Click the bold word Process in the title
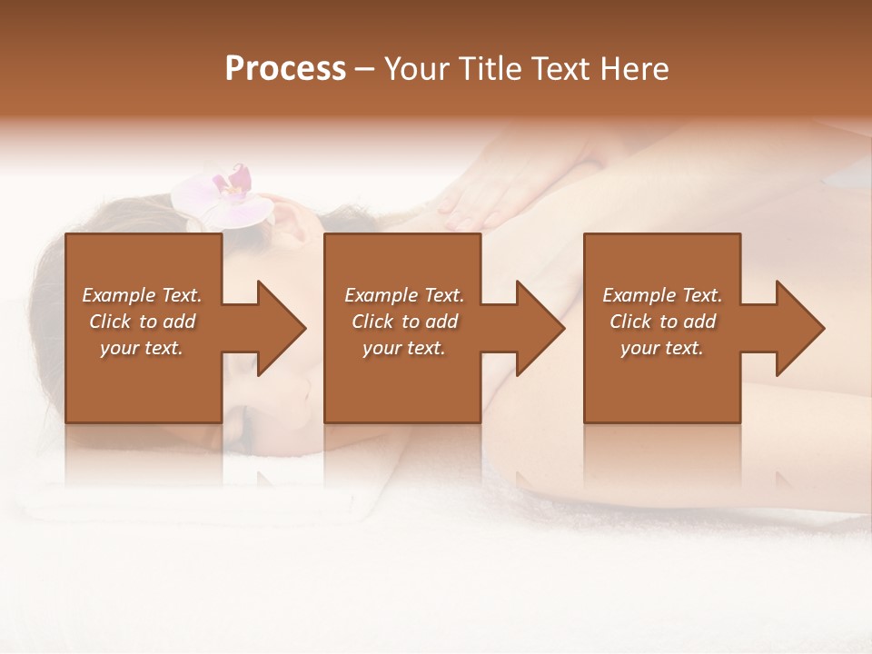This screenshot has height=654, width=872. [285, 69]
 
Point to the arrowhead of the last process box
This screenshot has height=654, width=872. [798, 328]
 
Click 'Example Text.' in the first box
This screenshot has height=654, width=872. [142, 295]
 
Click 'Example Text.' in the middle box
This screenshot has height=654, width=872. [403, 295]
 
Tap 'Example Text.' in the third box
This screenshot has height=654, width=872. [661, 295]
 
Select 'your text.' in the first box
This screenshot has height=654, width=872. [142, 348]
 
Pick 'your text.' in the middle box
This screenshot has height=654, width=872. [403, 348]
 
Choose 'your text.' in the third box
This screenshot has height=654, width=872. [661, 348]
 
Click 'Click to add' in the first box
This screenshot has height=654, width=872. [142, 322]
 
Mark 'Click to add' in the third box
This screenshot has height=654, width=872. [661, 322]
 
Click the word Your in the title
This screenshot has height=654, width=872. [414, 69]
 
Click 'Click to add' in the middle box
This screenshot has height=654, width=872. [403, 322]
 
